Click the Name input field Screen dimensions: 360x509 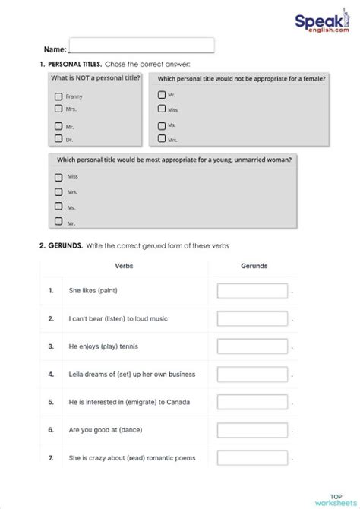click(141, 46)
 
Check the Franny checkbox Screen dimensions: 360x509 click(58, 96)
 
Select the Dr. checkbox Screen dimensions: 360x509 click(58, 138)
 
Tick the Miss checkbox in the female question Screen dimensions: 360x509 click(162, 109)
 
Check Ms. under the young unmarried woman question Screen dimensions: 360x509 click(58, 207)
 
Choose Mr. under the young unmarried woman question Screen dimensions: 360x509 click(58, 222)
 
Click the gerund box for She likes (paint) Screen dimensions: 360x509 click(252, 291)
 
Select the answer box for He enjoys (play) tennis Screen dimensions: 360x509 click(252, 346)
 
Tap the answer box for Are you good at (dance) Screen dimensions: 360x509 click(252, 430)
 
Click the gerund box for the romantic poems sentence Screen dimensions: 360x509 click(252, 458)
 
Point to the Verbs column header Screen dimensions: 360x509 click(124, 266)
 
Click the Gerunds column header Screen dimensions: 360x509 click(254, 266)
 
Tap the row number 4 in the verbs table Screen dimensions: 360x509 click(51, 375)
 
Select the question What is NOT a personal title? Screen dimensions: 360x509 click(95, 79)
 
